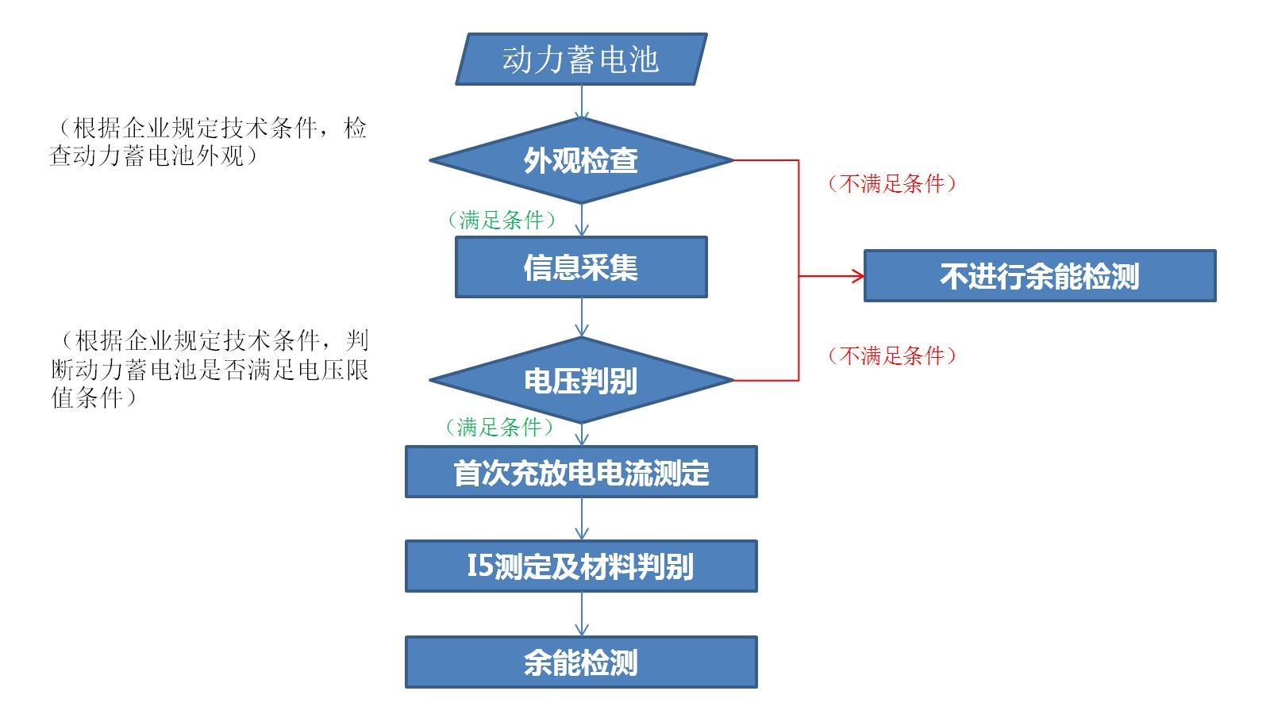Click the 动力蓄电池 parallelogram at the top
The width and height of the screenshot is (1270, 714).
pos(581,59)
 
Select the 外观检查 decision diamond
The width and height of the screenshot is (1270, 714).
pos(581,160)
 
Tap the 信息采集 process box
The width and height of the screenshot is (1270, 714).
pos(581,267)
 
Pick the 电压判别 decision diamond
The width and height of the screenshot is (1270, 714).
pos(581,381)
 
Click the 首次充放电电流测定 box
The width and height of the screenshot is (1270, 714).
pos(581,472)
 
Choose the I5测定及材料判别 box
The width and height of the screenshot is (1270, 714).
pos(581,566)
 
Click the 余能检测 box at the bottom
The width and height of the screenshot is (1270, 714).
pos(581,662)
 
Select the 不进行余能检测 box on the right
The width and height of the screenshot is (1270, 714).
pos(1040,276)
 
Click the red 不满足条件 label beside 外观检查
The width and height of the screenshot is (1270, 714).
pos(892,184)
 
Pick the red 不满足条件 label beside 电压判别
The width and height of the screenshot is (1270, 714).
pos(892,355)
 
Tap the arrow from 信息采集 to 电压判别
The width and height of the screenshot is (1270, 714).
pos(582,317)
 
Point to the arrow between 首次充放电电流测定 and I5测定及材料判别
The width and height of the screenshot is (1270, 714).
pos(582,519)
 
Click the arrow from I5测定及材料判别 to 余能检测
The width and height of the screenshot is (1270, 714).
pos(582,614)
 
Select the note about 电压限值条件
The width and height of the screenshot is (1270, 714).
pos(210,369)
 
